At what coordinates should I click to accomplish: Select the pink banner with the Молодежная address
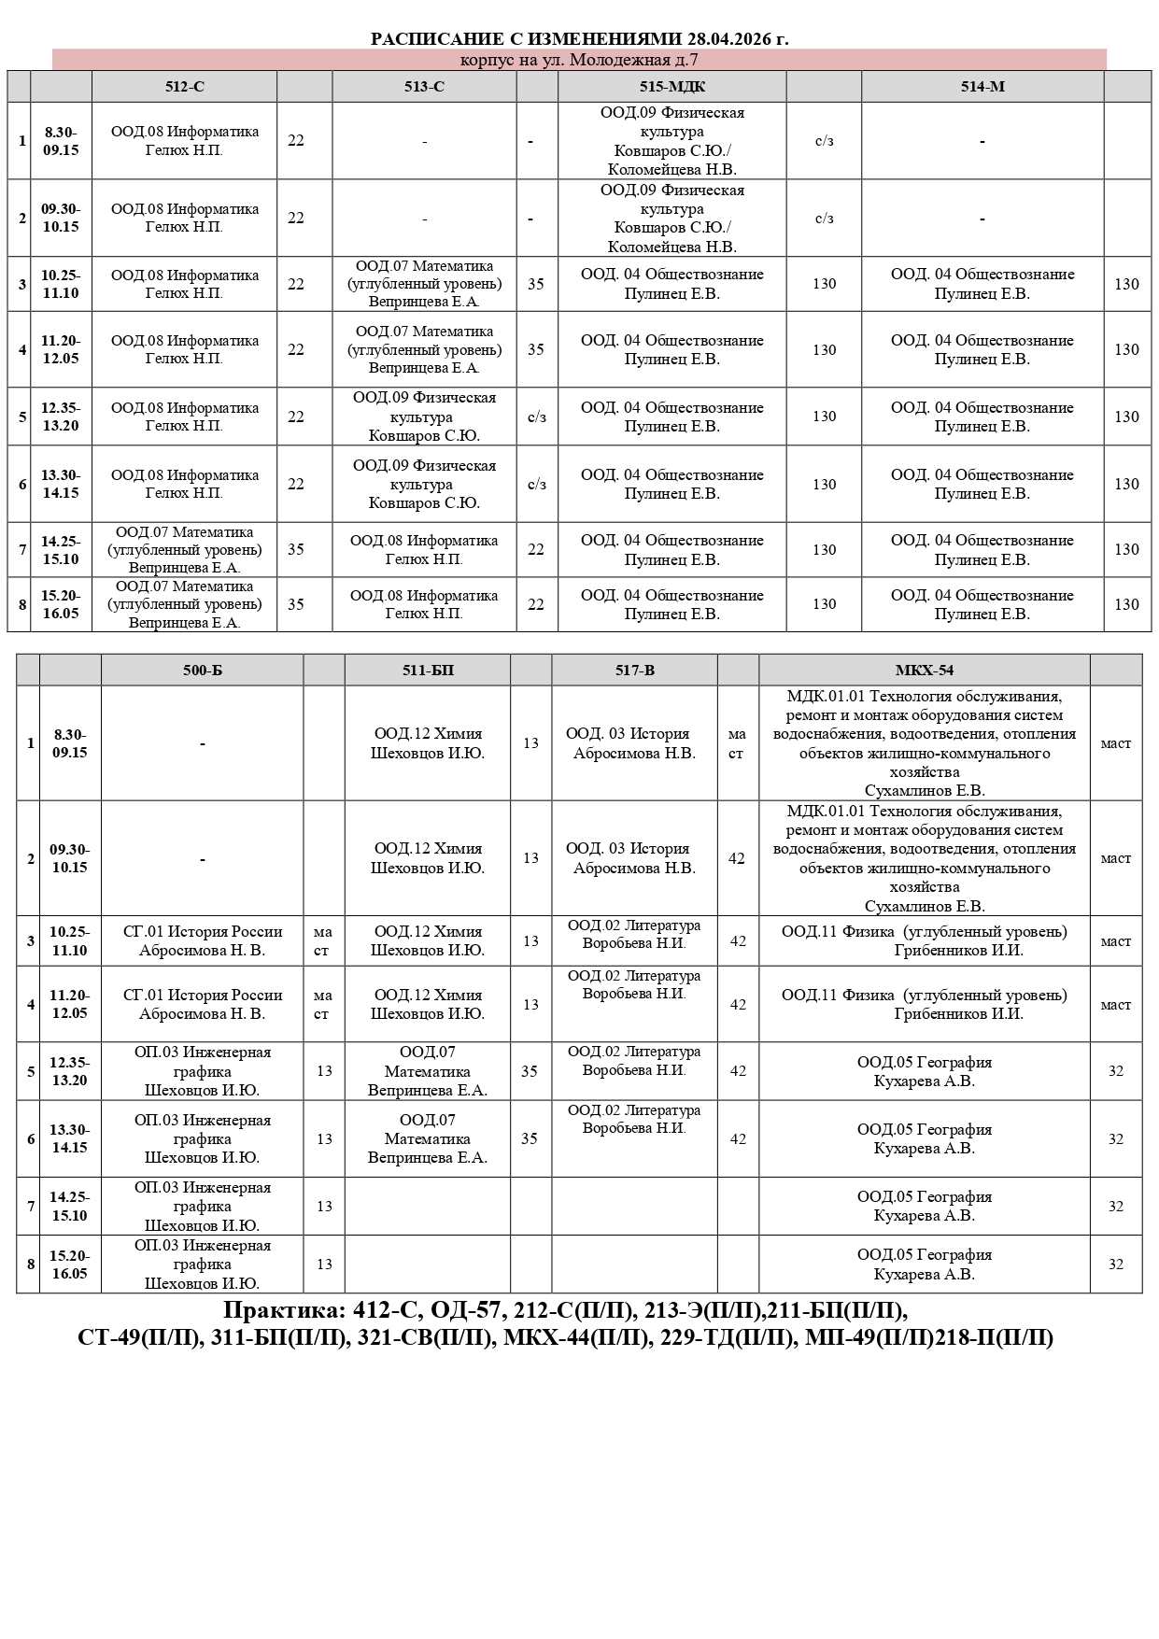click(x=579, y=60)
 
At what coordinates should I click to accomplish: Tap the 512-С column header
click(x=184, y=87)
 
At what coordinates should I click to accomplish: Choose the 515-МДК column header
click(x=671, y=87)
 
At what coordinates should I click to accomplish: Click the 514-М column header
click(x=982, y=87)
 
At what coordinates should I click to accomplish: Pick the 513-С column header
click(x=424, y=87)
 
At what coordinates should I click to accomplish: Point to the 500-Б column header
click(x=202, y=671)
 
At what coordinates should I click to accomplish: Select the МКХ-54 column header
click(x=924, y=671)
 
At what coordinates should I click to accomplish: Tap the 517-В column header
click(x=634, y=671)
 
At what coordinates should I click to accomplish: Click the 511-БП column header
click(x=427, y=671)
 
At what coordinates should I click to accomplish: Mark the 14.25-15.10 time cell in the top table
click(x=61, y=550)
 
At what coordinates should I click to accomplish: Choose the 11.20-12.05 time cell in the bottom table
click(x=70, y=1004)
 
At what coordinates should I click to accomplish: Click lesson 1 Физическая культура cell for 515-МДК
click(x=671, y=141)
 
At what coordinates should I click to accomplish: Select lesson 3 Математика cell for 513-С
click(x=424, y=284)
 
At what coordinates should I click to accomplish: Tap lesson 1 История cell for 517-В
click(x=634, y=743)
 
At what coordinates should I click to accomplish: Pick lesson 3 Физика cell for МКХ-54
click(x=924, y=940)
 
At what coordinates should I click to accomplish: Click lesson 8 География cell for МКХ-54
click(x=924, y=1265)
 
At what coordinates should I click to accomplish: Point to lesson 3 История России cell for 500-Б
click(x=202, y=940)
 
